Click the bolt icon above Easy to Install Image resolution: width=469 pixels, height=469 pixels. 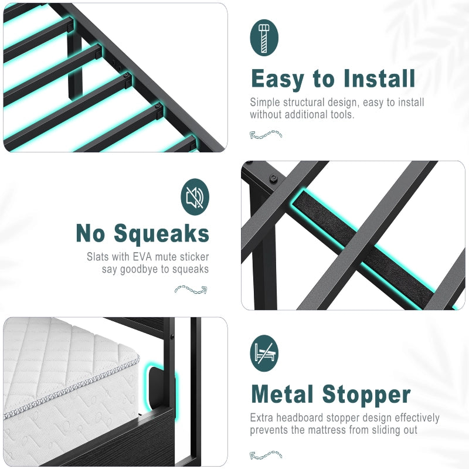pyautogui.click(x=264, y=38)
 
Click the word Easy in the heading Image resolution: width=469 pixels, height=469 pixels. pyautogui.click(x=279, y=79)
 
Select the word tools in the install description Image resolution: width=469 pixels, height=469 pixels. pyautogui.click(x=341, y=114)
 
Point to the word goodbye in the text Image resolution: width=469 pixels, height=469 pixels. pyautogui.click(x=149, y=269)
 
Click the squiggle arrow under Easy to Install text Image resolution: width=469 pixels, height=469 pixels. pyautogui.click(x=266, y=134)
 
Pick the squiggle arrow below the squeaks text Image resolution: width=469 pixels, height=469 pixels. pyautogui.click(x=191, y=289)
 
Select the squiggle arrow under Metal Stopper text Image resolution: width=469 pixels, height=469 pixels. pyautogui.click(x=266, y=454)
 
